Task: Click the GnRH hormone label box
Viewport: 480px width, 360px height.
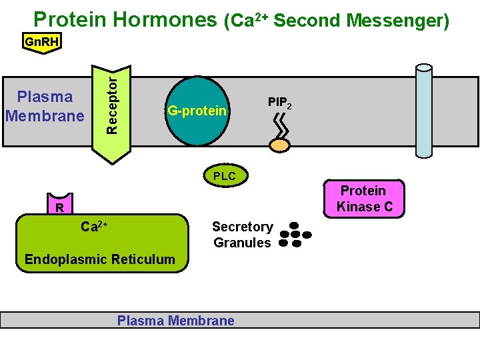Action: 41,43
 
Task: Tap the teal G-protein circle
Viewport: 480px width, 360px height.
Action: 197,111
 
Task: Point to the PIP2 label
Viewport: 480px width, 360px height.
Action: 279,103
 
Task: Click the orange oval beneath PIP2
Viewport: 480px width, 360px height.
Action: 279,144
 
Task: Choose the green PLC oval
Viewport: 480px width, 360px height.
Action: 225,177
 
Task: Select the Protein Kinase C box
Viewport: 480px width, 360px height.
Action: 364,199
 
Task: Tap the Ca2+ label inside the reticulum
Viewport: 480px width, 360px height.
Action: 94,227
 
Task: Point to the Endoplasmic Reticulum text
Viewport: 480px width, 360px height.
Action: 99,259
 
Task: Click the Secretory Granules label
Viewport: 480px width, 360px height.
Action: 242,235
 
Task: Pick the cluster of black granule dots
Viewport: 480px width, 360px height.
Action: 295,235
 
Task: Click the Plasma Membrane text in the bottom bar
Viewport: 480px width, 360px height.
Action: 176,321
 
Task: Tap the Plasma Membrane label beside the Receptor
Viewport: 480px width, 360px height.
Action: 45,106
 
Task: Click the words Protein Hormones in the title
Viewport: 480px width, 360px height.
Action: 126,20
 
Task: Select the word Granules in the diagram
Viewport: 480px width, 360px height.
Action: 242,243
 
